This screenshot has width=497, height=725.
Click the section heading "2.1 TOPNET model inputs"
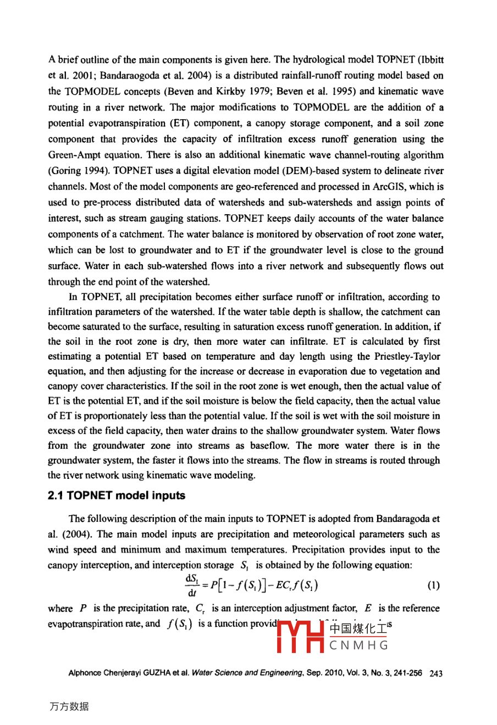(117, 495)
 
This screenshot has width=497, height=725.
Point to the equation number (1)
(433, 585)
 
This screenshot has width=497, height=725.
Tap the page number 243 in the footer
(436, 673)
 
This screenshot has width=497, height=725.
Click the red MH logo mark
(301, 636)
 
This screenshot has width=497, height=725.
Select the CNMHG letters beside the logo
(359, 645)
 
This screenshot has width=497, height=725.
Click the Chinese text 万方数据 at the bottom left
(69, 706)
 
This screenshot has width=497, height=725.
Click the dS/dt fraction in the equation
(192, 585)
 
